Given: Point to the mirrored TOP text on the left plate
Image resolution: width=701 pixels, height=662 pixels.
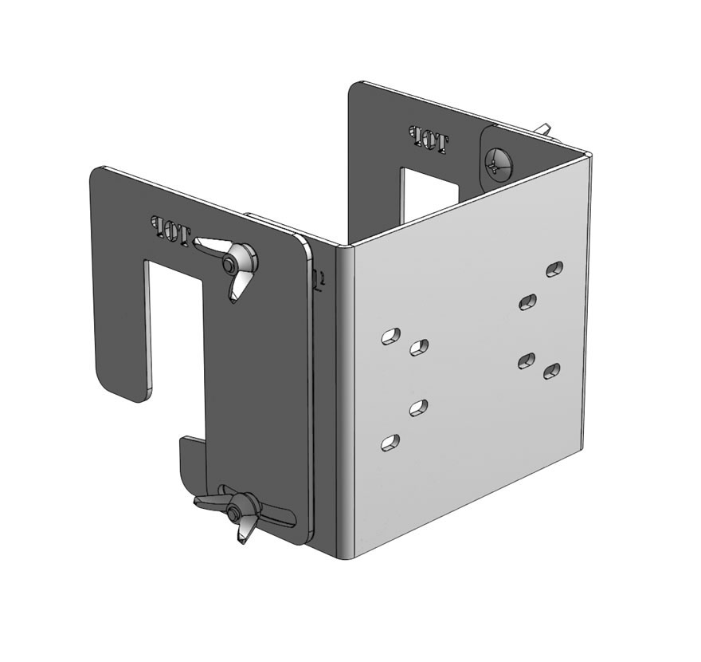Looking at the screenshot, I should click(171, 230).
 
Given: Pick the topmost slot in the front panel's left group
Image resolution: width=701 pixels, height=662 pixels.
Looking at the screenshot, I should click(390, 336).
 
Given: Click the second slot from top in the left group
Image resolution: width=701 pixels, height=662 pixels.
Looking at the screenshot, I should click(419, 347).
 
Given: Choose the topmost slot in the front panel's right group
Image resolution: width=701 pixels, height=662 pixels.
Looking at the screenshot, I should click(555, 268).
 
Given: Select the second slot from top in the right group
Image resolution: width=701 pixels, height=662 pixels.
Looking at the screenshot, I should click(527, 301).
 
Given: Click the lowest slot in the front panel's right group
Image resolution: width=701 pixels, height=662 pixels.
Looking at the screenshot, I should click(551, 370).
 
